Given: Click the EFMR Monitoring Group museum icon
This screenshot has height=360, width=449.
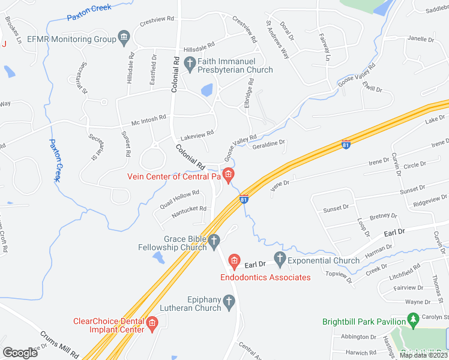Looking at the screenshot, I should (x=124, y=40).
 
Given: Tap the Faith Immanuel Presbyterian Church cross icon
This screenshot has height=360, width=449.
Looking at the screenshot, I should (x=190, y=62).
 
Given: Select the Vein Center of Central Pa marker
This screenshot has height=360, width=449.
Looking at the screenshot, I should (x=228, y=175).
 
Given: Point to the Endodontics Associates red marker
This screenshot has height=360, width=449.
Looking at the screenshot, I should (x=234, y=262).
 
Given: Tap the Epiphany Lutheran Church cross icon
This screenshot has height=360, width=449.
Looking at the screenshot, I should (x=228, y=303).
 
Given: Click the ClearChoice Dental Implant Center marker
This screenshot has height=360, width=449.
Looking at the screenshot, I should (x=152, y=325).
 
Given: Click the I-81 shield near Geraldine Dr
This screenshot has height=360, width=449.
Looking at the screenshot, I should (x=345, y=145).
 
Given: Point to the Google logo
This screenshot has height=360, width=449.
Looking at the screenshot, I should (x=20, y=353).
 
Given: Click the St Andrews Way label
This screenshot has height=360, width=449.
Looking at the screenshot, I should (x=277, y=43).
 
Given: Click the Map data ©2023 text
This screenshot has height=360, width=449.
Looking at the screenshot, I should (x=423, y=355).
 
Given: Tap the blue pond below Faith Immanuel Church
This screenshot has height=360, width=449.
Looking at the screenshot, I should (x=207, y=91).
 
